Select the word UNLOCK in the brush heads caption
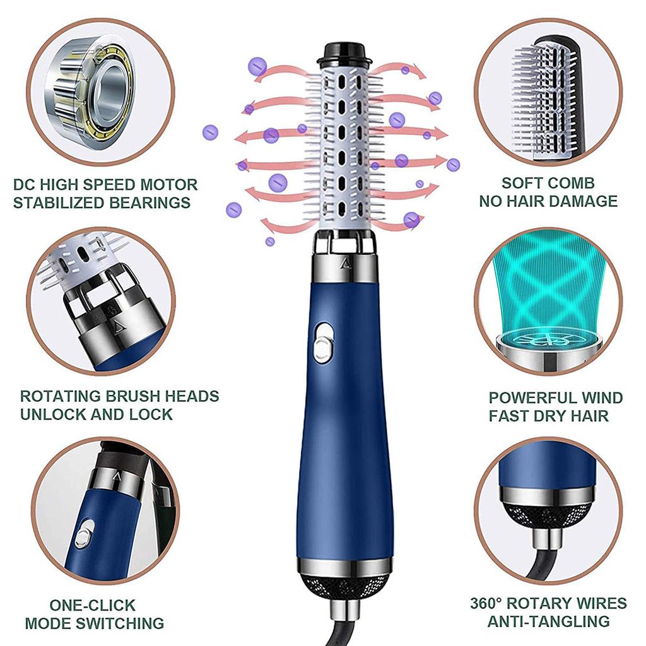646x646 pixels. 50,414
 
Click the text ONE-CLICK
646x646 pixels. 93,605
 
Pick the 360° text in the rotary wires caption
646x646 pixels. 490,602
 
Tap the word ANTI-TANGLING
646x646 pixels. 548,621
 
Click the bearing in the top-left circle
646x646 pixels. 101,88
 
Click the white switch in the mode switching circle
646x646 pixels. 84,534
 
